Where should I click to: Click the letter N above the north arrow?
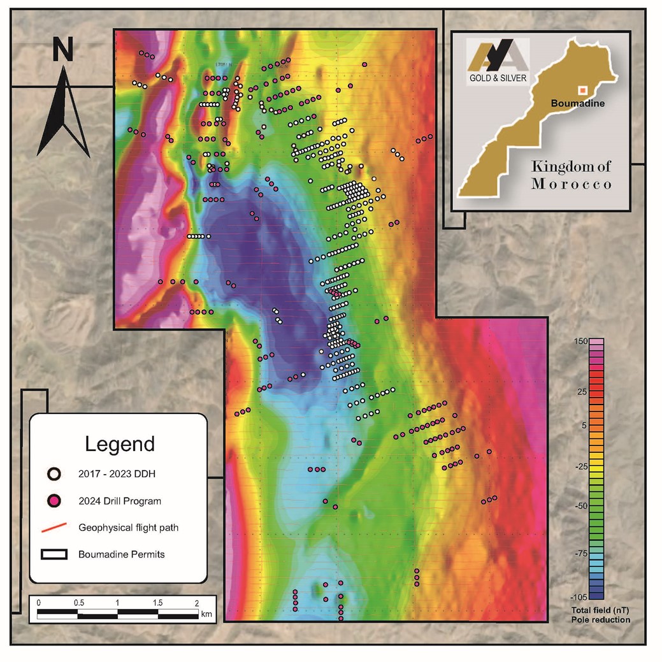[62, 50]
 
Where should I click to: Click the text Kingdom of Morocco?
[572, 175]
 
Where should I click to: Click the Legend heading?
[120, 443]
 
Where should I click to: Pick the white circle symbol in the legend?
[55, 473]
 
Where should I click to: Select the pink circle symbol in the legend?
[55, 501]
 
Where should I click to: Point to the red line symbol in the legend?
[55, 528]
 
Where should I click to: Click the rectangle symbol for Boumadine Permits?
[55, 554]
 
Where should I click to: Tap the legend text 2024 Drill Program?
[120, 501]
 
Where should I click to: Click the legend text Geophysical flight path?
[133, 528]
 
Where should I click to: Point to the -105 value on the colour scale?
[578, 596]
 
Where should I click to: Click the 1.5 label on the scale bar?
[157, 603]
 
